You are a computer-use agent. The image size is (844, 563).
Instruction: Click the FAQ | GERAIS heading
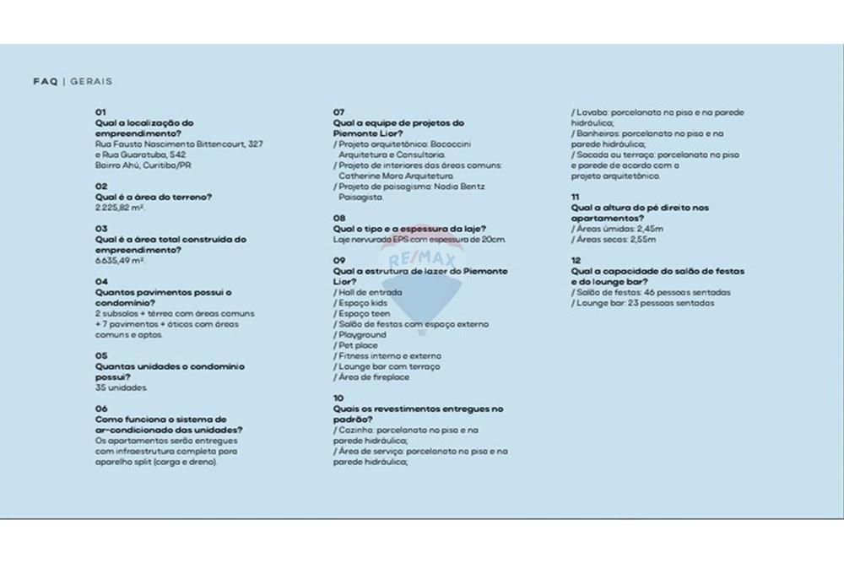73,82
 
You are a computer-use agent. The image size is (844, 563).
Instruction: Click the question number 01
101,111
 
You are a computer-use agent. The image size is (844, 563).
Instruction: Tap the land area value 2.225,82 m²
120,208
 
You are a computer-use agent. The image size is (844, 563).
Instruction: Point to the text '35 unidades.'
122,387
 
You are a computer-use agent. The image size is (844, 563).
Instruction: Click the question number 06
101,409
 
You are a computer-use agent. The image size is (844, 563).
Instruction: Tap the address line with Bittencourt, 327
179,144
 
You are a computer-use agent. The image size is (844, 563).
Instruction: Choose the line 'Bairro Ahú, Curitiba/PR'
143,165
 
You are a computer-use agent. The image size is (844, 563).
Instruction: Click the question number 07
338,111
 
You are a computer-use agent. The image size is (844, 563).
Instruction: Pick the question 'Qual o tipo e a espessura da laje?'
408,229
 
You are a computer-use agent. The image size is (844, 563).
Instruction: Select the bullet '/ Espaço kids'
360,302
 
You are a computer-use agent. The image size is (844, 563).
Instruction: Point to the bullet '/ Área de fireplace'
371,377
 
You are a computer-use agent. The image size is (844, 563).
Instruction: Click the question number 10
338,398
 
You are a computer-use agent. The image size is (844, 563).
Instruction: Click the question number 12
576,261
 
